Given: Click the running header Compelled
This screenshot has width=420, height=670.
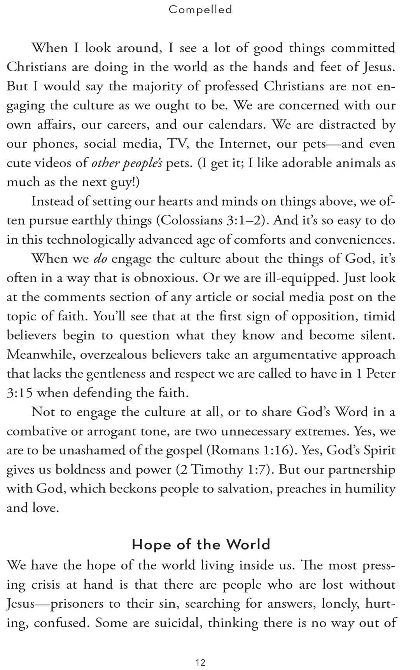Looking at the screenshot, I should (x=200, y=9).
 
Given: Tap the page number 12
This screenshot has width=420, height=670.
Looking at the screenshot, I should (x=201, y=662).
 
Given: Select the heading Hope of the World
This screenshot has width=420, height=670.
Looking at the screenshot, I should (x=201, y=544).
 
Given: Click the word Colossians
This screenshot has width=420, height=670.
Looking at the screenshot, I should (x=191, y=220).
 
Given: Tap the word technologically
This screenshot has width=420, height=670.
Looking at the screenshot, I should (x=91, y=240).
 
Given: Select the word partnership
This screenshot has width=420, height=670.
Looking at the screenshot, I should (x=362, y=470).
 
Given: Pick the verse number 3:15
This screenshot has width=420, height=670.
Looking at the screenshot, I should (x=19, y=393).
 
